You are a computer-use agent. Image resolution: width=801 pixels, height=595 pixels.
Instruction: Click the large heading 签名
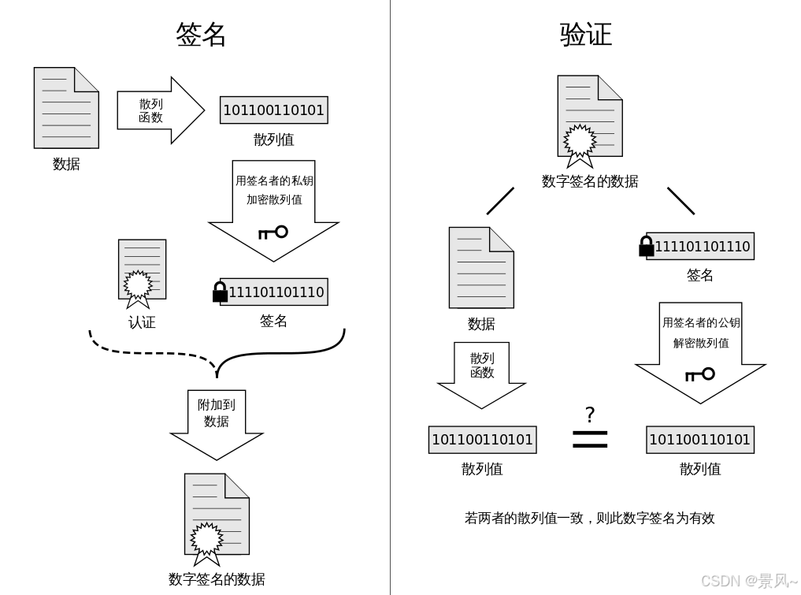(x=201, y=35)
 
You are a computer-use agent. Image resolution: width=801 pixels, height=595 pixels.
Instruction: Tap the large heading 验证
(x=585, y=35)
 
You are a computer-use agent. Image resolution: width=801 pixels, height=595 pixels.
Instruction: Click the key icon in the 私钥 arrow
(x=273, y=232)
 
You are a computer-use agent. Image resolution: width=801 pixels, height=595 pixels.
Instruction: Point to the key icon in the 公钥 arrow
(x=699, y=374)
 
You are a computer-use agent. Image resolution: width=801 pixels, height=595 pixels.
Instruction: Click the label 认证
(x=142, y=322)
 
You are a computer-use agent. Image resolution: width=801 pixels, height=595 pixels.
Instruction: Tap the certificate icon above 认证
(x=142, y=273)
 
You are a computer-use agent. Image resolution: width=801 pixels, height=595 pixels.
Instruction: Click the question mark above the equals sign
(x=590, y=415)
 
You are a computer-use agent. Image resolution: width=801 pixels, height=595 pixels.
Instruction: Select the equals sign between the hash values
(x=590, y=439)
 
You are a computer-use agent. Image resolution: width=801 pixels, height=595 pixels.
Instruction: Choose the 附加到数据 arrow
(x=217, y=422)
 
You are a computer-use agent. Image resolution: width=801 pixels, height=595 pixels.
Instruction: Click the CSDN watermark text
(x=748, y=581)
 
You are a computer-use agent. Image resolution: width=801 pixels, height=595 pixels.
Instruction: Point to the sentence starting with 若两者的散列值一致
(x=589, y=518)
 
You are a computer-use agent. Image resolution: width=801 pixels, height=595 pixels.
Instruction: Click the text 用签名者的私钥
(x=274, y=180)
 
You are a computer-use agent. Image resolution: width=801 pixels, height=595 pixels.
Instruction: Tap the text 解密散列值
(x=701, y=343)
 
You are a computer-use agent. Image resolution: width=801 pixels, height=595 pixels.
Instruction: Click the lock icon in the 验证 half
(x=647, y=247)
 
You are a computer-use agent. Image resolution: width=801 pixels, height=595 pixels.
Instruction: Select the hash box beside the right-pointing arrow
(x=273, y=110)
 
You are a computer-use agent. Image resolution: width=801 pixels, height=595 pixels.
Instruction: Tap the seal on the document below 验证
(x=580, y=142)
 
